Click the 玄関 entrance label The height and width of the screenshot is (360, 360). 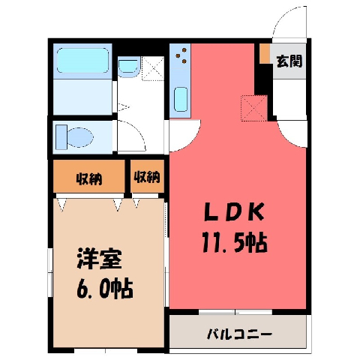tap(289, 61)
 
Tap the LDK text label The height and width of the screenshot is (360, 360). tap(234, 212)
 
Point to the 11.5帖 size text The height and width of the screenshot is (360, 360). tap(235, 242)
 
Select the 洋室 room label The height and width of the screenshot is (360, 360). tap(99, 259)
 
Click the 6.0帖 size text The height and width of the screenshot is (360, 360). tap(104, 289)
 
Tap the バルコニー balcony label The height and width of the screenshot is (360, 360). tap(239, 334)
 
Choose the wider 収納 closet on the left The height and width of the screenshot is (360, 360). tap(89, 178)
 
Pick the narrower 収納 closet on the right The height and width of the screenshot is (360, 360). tap(147, 177)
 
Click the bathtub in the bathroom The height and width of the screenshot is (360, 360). tap(82, 60)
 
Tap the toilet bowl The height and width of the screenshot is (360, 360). tap(80, 137)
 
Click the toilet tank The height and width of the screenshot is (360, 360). tap(61, 137)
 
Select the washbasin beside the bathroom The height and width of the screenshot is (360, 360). tap(128, 67)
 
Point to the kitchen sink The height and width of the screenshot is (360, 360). tap(181, 99)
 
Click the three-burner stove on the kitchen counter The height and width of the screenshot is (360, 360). tap(181, 55)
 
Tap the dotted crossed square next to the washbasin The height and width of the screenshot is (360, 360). tap(153, 68)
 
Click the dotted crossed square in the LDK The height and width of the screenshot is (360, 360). tap(253, 108)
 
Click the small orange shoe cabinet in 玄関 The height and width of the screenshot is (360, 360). tap(265, 53)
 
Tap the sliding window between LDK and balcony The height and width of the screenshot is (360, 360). tap(235, 312)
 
